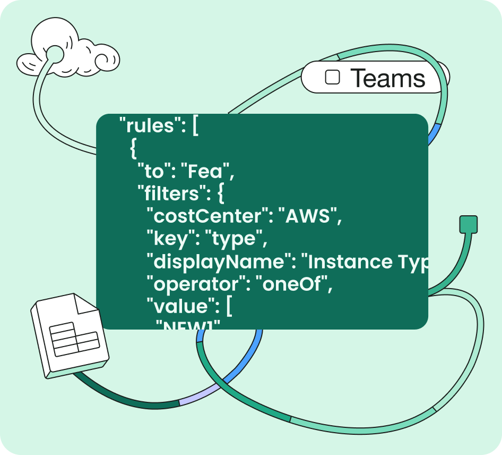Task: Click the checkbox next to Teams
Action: pyautogui.click(x=332, y=78)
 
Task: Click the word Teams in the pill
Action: pyautogui.click(x=388, y=79)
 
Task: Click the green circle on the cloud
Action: pyautogui.click(x=55, y=54)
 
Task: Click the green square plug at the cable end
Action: pyautogui.click(x=468, y=224)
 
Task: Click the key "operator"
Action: pyautogui.click(x=197, y=285)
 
